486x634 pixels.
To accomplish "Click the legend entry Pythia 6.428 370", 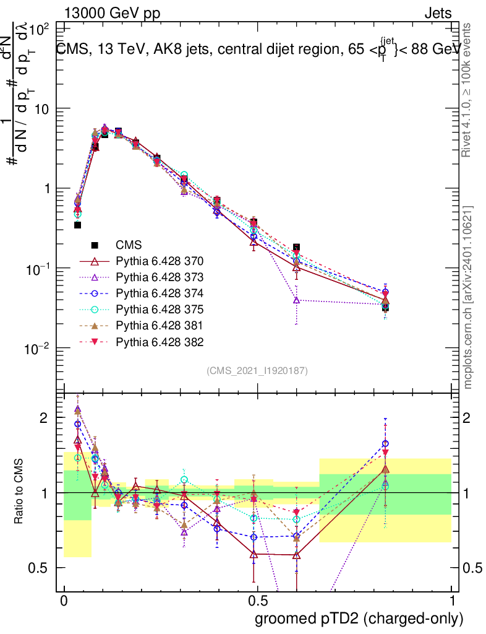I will pyautogui.click(x=160, y=261).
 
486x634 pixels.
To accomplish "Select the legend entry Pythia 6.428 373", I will pyautogui.click(x=160, y=277).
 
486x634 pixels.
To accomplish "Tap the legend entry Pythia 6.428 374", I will pyautogui.click(x=160, y=293).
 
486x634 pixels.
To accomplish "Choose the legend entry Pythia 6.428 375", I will pyautogui.click(x=160, y=309).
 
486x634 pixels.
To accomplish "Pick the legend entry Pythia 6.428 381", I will pyautogui.click(x=160, y=325).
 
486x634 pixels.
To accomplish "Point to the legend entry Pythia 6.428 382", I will pyautogui.click(x=160, y=341).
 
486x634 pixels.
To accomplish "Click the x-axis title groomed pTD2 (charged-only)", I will pyautogui.click(x=358, y=618).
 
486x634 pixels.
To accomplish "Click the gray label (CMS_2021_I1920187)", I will pyautogui.click(x=257, y=370).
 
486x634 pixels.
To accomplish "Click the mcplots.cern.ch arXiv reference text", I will pyautogui.click(x=469, y=297).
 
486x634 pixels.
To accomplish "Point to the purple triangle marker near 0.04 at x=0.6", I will pyautogui.click(x=297, y=300).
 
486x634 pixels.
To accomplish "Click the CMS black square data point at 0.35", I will pyautogui.click(x=78, y=225).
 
